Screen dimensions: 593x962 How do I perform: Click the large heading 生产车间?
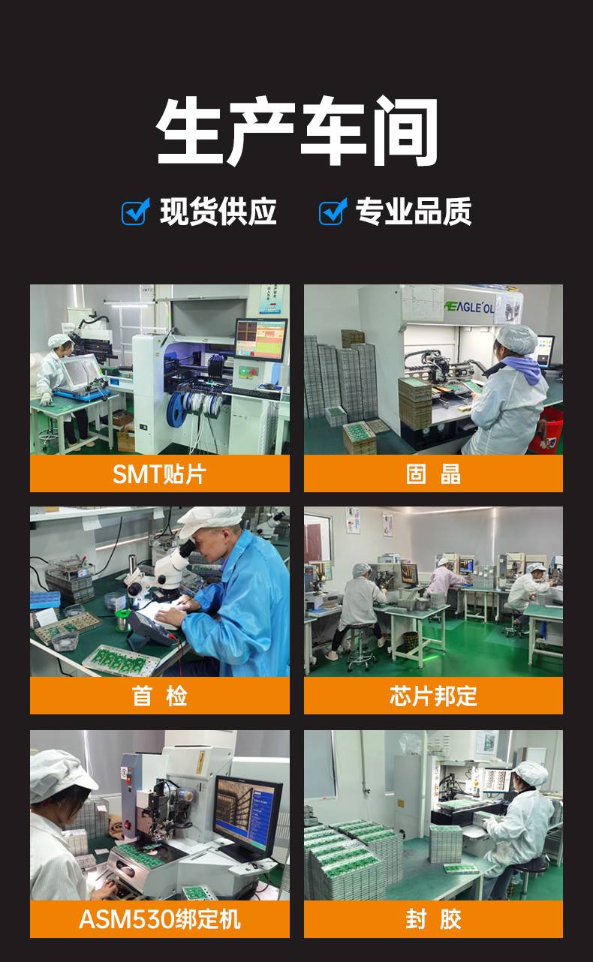pyautogui.click(x=297, y=131)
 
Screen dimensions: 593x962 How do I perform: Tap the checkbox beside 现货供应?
pyautogui.click(x=135, y=212)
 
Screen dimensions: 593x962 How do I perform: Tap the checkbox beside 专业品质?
pyautogui.click(x=333, y=212)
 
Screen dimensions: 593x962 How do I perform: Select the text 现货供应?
pyautogui.click(x=218, y=212)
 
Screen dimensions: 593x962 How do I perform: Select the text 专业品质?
pyautogui.click(x=414, y=212)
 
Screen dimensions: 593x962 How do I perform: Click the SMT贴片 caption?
pyautogui.click(x=159, y=474)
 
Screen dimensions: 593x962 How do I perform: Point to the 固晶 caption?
pyautogui.click(x=433, y=474)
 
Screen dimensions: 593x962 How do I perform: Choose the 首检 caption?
pyautogui.click(x=159, y=696)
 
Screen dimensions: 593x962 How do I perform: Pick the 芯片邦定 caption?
pyautogui.click(x=433, y=696)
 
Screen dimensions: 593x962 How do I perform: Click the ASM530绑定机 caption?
pyautogui.click(x=159, y=919)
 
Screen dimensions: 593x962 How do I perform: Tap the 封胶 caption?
pyautogui.click(x=433, y=919)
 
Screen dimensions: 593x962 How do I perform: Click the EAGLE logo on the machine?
pyautogui.click(x=469, y=307)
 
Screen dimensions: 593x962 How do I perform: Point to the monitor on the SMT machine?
pyautogui.click(x=261, y=340)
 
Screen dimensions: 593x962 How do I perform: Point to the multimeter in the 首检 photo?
pyautogui.click(x=150, y=628)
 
